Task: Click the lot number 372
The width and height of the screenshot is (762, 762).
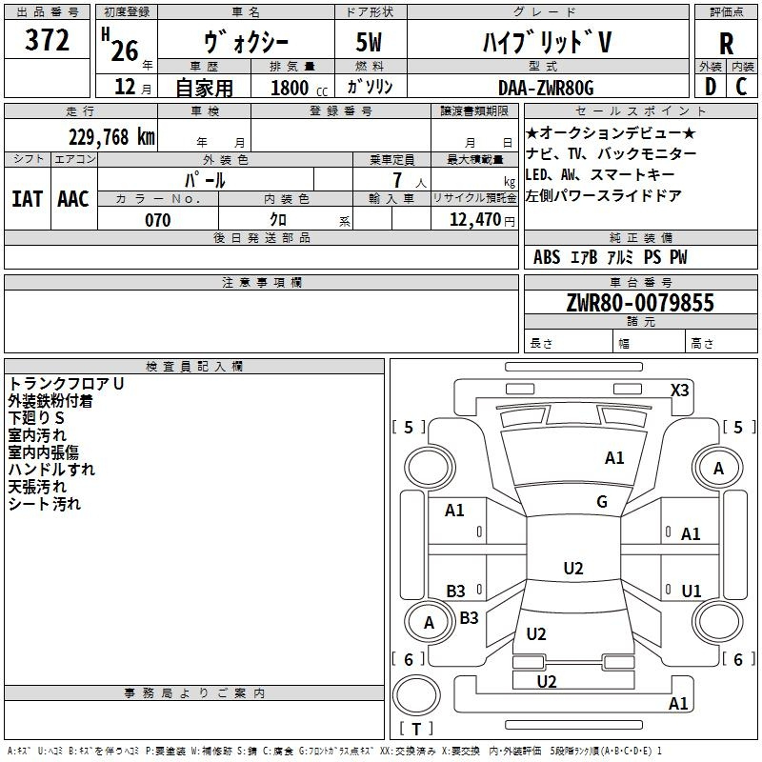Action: click(x=47, y=39)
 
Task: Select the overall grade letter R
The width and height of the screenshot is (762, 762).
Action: click(x=726, y=44)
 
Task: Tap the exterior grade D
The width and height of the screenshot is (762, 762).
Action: click(x=711, y=87)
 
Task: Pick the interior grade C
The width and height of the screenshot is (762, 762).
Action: click(x=741, y=87)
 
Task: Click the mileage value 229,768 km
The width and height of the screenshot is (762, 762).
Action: click(x=111, y=137)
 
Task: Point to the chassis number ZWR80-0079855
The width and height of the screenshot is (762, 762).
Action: click(x=640, y=303)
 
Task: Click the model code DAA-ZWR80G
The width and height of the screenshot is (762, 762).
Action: click(x=546, y=88)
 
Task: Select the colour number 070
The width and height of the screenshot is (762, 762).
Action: click(x=158, y=220)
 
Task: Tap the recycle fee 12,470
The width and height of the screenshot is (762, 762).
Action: click(x=475, y=220)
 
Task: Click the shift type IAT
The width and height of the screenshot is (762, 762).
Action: click(x=28, y=199)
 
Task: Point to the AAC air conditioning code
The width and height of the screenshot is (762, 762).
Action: click(x=73, y=199)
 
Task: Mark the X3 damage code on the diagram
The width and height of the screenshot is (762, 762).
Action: click(x=679, y=390)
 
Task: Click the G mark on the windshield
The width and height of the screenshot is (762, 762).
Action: click(x=602, y=502)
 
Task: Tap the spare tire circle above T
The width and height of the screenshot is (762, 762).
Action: click(x=416, y=695)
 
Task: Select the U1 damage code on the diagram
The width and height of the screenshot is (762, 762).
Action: click(x=692, y=591)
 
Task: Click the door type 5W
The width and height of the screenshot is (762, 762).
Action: click(x=369, y=42)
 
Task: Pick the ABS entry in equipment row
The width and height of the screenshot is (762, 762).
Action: click(x=547, y=257)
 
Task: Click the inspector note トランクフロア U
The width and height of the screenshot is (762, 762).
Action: click(x=66, y=384)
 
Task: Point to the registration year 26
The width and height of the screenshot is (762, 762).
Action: click(x=125, y=51)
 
